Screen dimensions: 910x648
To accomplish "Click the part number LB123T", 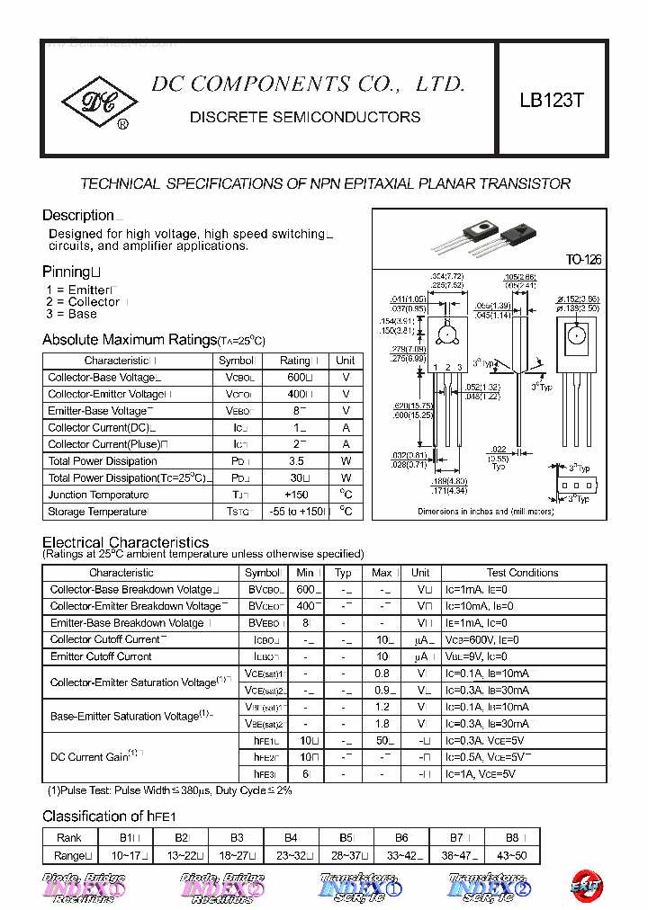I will pyautogui.click(x=551, y=101).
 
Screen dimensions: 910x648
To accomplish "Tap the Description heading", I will pyautogui.click(x=78, y=215).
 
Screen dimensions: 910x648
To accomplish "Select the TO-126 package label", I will pyautogui.click(x=583, y=260).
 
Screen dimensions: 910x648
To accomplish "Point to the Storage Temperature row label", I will pyautogui.click(x=97, y=512).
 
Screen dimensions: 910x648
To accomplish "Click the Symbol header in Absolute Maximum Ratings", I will pyautogui.click(x=237, y=361).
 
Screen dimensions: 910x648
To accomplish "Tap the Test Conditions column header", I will pyautogui.click(x=522, y=573).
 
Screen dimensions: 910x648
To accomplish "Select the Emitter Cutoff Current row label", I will pyautogui.click(x=101, y=656).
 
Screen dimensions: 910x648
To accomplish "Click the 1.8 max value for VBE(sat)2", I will pyautogui.click(x=382, y=724).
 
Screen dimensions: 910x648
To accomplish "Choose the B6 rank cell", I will pyautogui.click(x=400, y=838).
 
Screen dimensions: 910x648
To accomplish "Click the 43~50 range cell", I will pyautogui.click(x=511, y=855).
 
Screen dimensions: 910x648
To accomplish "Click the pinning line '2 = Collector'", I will pyautogui.click(x=83, y=302).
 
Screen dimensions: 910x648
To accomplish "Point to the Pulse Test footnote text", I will pyautogui.click(x=169, y=790).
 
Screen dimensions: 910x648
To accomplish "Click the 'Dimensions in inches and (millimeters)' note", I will pyautogui.click(x=485, y=511).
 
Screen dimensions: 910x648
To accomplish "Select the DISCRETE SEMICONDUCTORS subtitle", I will pyautogui.click(x=305, y=117).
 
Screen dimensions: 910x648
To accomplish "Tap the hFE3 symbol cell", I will pyautogui.click(x=263, y=773).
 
